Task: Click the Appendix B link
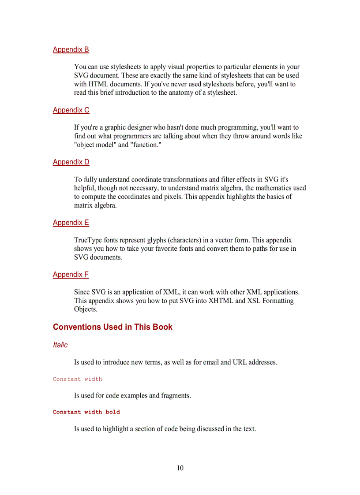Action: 71,49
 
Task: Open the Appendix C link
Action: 71,110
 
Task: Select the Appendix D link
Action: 71,162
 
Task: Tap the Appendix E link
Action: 71,223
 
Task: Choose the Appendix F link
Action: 71,275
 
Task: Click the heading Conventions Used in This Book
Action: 112,327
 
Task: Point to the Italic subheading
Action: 60,345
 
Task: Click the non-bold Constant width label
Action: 77,379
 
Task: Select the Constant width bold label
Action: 86,412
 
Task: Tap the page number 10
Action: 180,468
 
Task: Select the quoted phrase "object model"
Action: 95,145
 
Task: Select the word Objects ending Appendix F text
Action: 85,309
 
